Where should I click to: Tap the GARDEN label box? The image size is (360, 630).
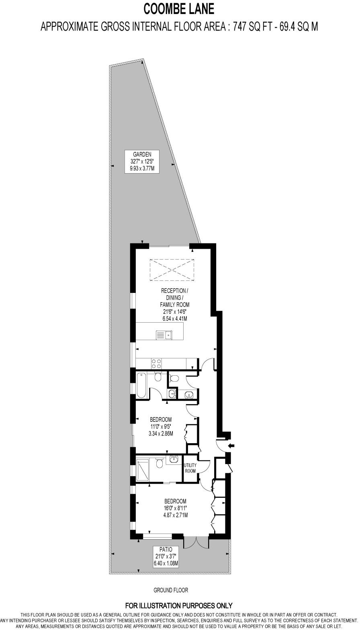(142, 161)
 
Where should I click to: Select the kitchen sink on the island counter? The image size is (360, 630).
(164, 334)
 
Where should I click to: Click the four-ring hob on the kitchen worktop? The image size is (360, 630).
(156, 363)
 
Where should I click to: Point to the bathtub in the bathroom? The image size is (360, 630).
(142, 385)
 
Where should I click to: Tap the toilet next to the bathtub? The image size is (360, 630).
(157, 376)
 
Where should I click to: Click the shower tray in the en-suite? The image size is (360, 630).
(143, 470)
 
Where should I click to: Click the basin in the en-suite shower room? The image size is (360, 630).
(174, 458)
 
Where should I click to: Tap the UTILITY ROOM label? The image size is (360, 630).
(190, 468)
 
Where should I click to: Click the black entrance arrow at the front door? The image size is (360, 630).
(231, 445)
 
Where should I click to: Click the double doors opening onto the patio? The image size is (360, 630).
(196, 542)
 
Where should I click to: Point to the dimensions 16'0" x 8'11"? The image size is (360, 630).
(175, 508)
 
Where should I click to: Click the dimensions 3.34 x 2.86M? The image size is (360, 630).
(160, 434)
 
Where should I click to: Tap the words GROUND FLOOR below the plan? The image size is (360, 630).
(171, 590)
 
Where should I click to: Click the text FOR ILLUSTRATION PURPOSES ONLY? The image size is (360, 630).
(179, 605)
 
